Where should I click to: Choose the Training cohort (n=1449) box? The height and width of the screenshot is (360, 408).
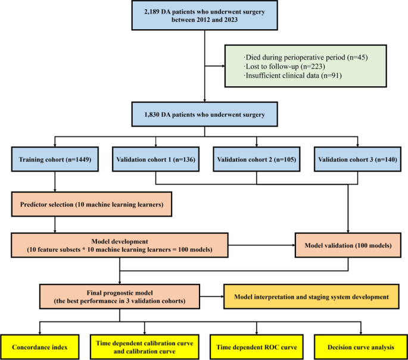tap(55, 160)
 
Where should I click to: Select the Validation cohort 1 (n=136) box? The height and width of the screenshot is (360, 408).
tap(155, 160)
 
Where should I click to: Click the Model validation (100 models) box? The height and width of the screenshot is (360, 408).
tap(347, 244)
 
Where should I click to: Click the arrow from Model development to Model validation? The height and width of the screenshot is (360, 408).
tap(262, 244)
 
